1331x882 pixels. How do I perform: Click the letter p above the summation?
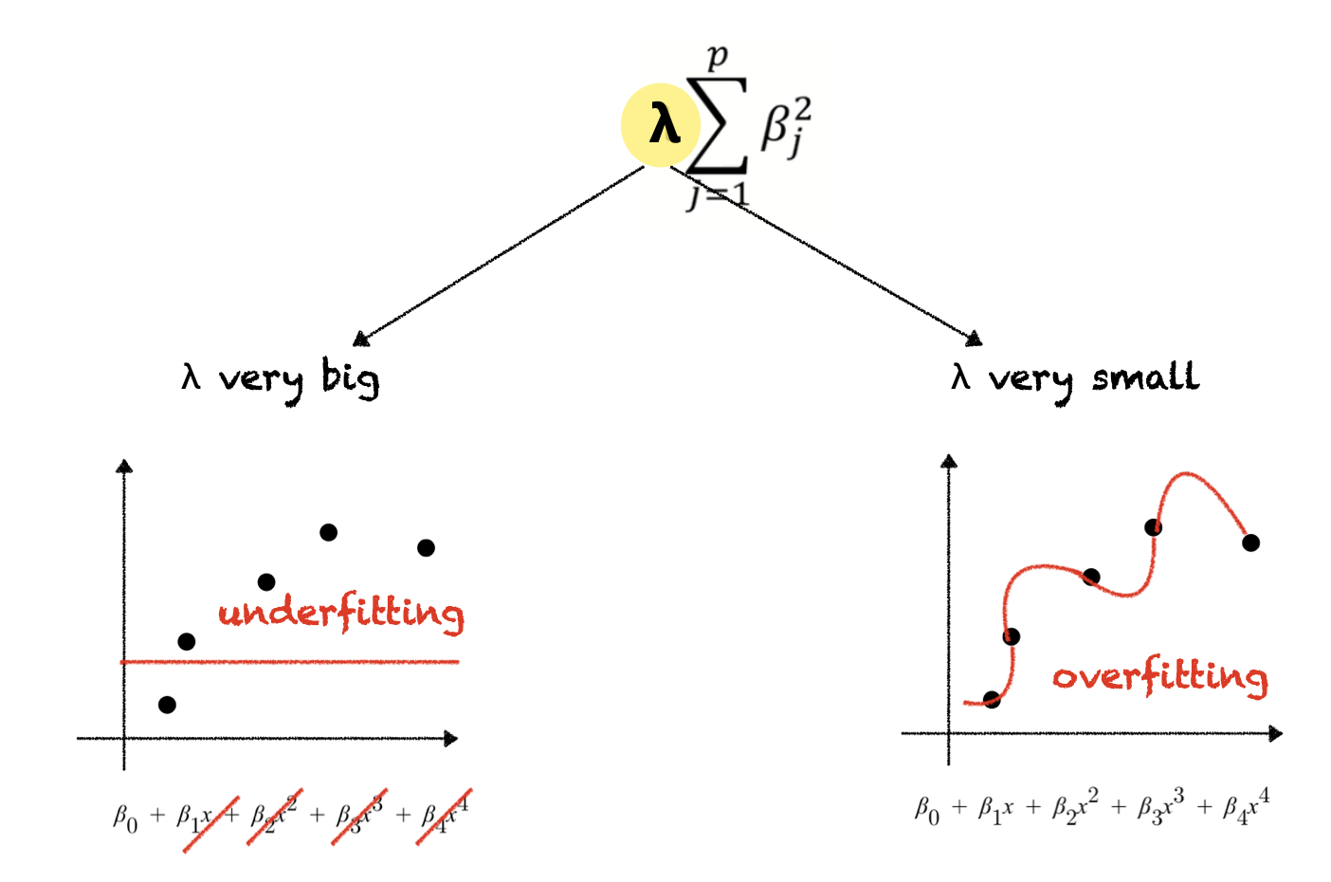click(718, 56)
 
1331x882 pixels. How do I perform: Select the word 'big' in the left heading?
click(350, 377)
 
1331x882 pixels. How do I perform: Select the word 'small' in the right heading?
click(1145, 377)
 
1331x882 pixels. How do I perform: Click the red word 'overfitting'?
click(1160, 676)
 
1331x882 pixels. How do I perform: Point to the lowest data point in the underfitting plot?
click(167, 705)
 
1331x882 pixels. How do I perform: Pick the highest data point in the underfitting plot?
click(328, 532)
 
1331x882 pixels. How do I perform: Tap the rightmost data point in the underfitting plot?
click(426, 547)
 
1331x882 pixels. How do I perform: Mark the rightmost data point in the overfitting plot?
click(1250, 542)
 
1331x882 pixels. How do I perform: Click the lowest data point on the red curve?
click(992, 700)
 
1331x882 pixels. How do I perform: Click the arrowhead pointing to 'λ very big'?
click(359, 340)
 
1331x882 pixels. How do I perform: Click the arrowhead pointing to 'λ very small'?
click(974, 340)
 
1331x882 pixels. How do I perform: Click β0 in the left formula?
click(125, 817)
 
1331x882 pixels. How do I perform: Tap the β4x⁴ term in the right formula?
click(1246, 807)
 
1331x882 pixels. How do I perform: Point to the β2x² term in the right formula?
click(1075, 808)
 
